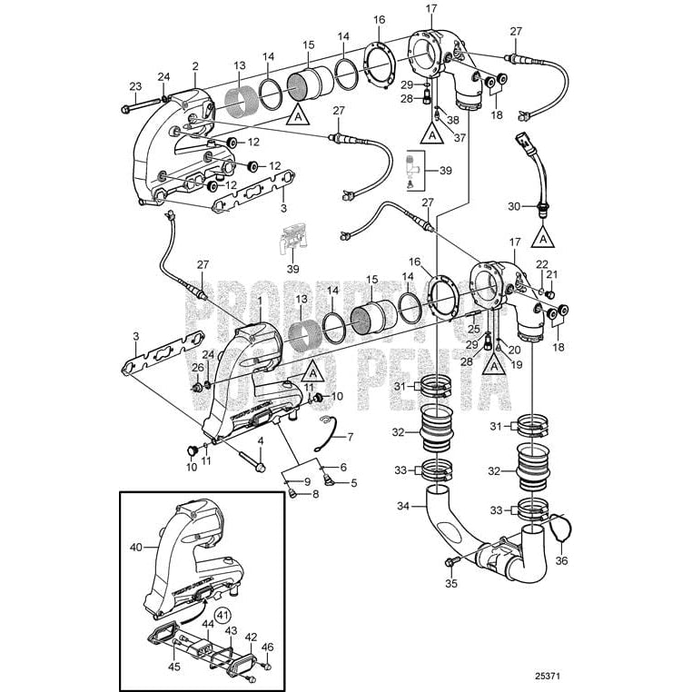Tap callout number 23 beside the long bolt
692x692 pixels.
(134, 87)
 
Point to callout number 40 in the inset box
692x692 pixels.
(136, 548)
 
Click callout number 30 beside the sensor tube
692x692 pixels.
(514, 206)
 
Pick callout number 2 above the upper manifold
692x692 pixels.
(194, 66)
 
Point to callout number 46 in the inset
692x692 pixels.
(267, 647)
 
